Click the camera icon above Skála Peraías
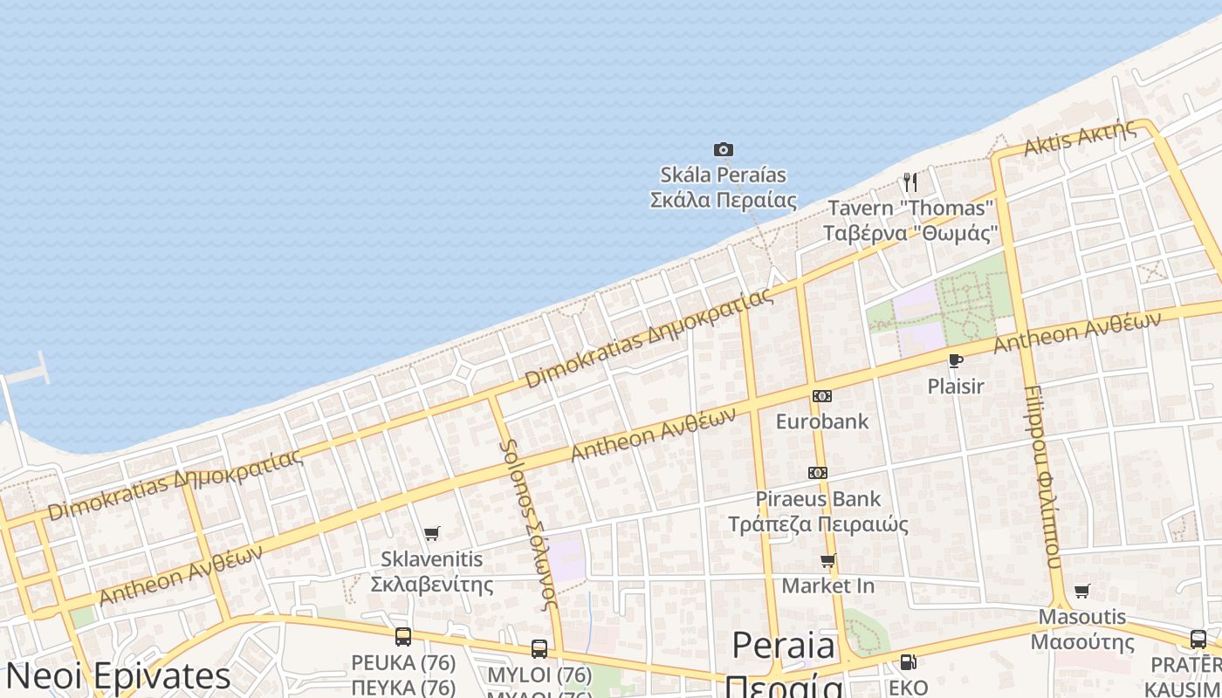pos(724,149)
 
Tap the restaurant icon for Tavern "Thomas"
pos(910,181)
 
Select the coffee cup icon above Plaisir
pos(956,360)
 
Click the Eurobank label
pos(822,421)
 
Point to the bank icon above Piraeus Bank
pos(818,473)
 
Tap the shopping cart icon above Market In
pos(827,560)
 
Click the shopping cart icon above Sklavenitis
pos(431,533)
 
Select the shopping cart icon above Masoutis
pos(1082,592)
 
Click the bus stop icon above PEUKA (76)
pos(403,637)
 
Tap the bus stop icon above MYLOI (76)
pos(539,649)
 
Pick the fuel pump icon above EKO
pos(908,662)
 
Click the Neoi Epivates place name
pos(119,676)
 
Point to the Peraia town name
pos(784,647)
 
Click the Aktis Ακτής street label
pos(1080,138)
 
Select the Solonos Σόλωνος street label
pos(528,523)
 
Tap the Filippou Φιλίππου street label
pos(1042,476)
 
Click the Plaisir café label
pos(956,386)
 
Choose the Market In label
pos(827,585)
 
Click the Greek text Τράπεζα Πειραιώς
pos(818,524)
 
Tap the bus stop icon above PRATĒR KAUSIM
pos(1198,639)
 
